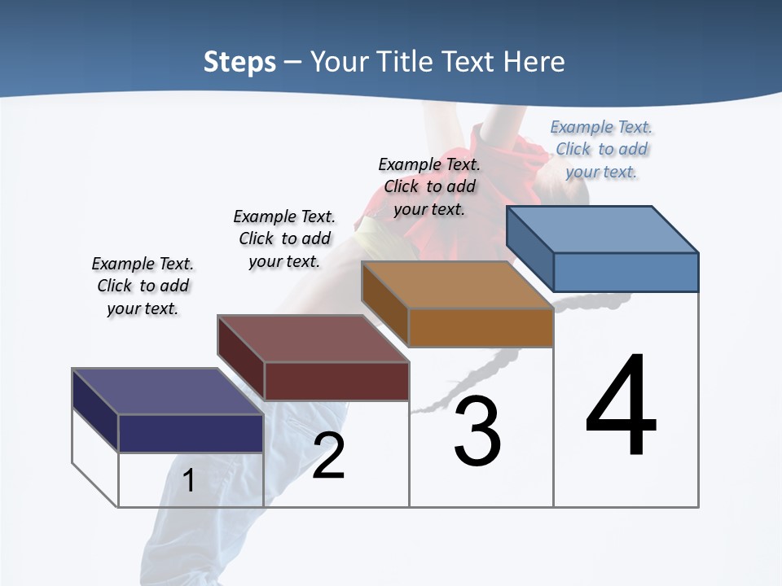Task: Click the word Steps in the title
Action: tap(239, 62)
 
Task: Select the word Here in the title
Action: tap(532, 62)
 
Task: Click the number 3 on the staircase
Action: tap(477, 431)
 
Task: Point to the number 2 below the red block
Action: tap(328, 456)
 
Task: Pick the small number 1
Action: tap(189, 480)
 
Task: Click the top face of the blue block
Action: tap(603, 230)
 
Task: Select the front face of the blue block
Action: tap(626, 272)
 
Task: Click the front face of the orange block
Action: tap(481, 327)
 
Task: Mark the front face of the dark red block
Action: tap(336, 381)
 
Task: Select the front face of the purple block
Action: tap(191, 433)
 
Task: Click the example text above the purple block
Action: tap(143, 286)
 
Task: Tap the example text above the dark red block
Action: tap(284, 238)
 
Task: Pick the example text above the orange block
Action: tap(429, 186)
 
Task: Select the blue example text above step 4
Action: tap(601, 149)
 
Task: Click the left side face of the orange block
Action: tap(384, 304)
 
